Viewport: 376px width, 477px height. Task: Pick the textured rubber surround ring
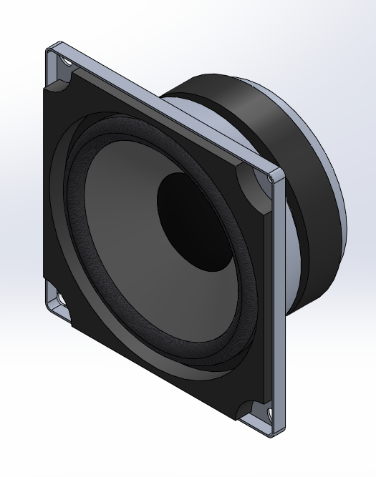(86, 215)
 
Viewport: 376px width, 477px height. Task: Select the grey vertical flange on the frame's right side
(279, 300)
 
